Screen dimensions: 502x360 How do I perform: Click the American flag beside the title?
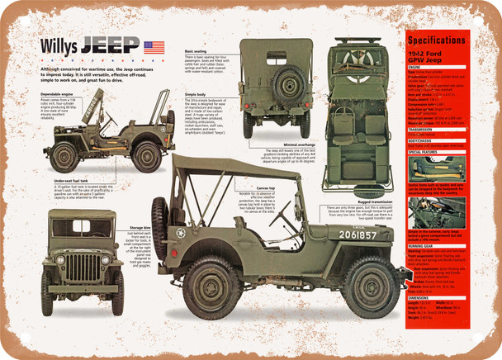pyautogui.click(x=154, y=47)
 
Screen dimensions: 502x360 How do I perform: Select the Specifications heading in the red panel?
pyautogui.click(x=440, y=39)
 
